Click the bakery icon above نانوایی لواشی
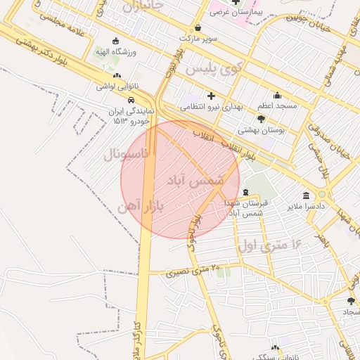point(116,76)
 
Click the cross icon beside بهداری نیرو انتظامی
point(211,96)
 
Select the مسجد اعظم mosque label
point(277,105)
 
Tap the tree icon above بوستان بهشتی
point(261,119)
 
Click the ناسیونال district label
point(127,154)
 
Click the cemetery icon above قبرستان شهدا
point(245,192)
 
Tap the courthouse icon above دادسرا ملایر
point(306,195)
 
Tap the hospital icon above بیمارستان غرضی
point(236,2)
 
